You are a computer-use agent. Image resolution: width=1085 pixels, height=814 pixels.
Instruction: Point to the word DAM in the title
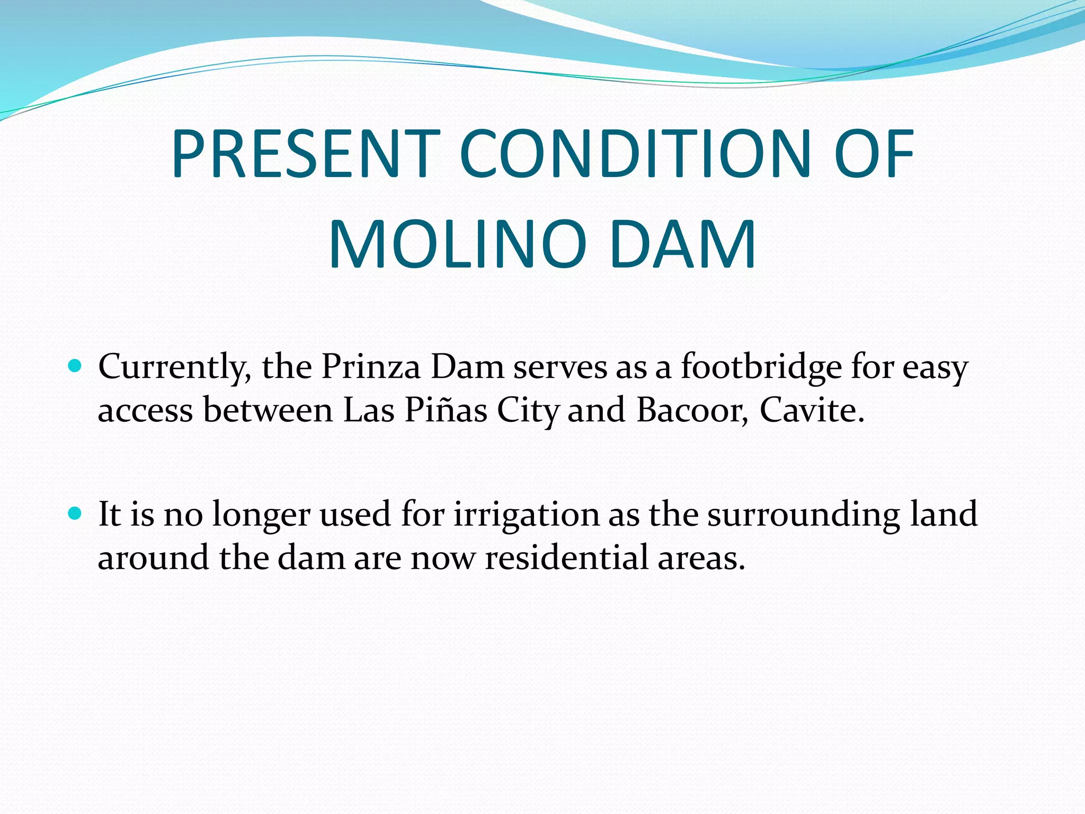coord(682,245)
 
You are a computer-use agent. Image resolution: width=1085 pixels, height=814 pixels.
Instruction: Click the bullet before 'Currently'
coord(75,365)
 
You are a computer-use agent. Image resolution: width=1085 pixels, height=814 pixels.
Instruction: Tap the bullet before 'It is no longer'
coord(75,513)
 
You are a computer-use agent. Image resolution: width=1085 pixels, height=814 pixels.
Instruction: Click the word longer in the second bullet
coord(261,515)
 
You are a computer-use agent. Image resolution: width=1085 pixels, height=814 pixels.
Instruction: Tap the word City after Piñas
coord(528,411)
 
